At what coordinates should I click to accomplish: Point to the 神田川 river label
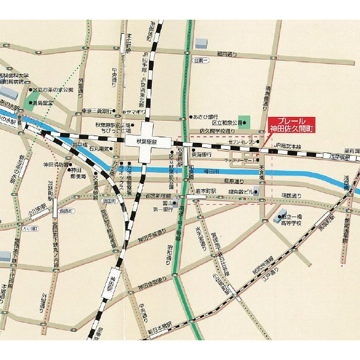click(x=214, y=170)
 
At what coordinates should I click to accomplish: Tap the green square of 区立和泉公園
click(x=244, y=121)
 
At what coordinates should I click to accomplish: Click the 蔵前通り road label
click(x=227, y=54)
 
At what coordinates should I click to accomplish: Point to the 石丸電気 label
click(x=102, y=149)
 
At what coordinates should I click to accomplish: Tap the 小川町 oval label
click(x=29, y=229)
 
